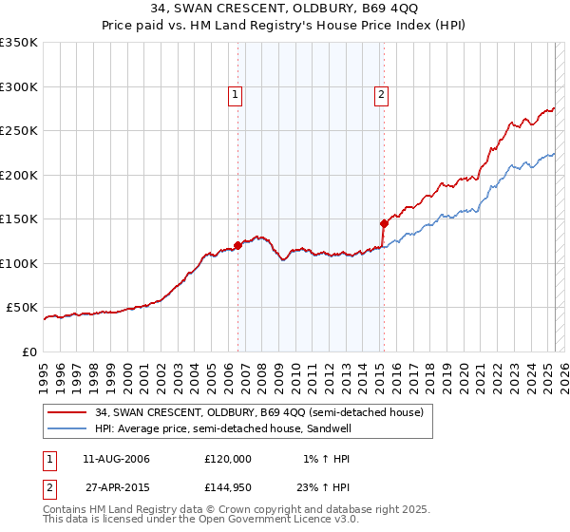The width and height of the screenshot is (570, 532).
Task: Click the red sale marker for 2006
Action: pyautogui.click(x=237, y=245)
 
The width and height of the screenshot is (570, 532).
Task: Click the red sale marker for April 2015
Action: pyautogui.click(x=384, y=223)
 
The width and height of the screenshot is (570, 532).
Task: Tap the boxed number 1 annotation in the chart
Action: pyautogui.click(x=234, y=94)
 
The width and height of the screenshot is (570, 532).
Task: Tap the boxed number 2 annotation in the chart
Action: pyautogui.click(x=380, y=94)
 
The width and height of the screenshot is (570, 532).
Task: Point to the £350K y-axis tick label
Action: pyautogui.click(x=19, y=43)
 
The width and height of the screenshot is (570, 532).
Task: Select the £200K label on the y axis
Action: pyautogui.click(x=19, y=175)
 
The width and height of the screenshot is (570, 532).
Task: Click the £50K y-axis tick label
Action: pyautogui.click(x=22, y=308)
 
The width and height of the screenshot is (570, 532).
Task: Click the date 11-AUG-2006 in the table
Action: pyautogui.click(x=116, y=459)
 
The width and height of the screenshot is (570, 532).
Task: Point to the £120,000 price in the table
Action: pyautogui.click(x=228, y=459)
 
